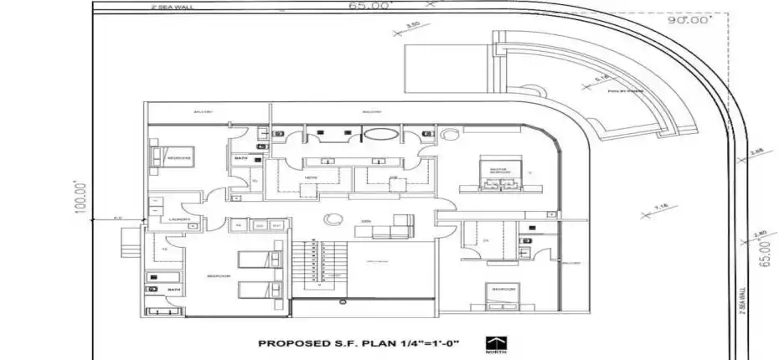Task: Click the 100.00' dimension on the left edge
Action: pyautogui.click(x=81, y=198)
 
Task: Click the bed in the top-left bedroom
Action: pyautogui.click(x=160, y=157)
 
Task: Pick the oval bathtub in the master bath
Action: pyautogui.click(x=379, y=134)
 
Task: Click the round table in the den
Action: pyautogui.click(x=333, y=219)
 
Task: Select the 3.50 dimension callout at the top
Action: pyautogui.click(x=411, y=25)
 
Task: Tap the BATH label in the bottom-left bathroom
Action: pyautogui.click(x=173, y=290)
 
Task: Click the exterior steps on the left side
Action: pyautogui.click(x=128, y=243)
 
